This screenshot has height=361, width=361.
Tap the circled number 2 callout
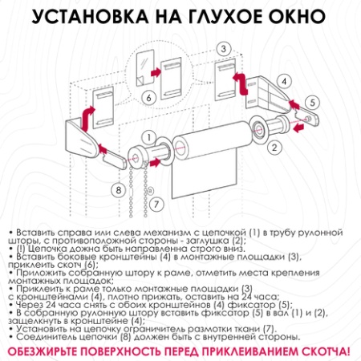[x=274, y=147]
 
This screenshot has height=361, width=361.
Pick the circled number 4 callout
[x=283, y=80]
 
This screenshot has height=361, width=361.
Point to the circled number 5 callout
[x=312, y=102]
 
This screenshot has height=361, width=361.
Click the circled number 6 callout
[x=148, y=98]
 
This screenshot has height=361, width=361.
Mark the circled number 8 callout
[x=118, y=190]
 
